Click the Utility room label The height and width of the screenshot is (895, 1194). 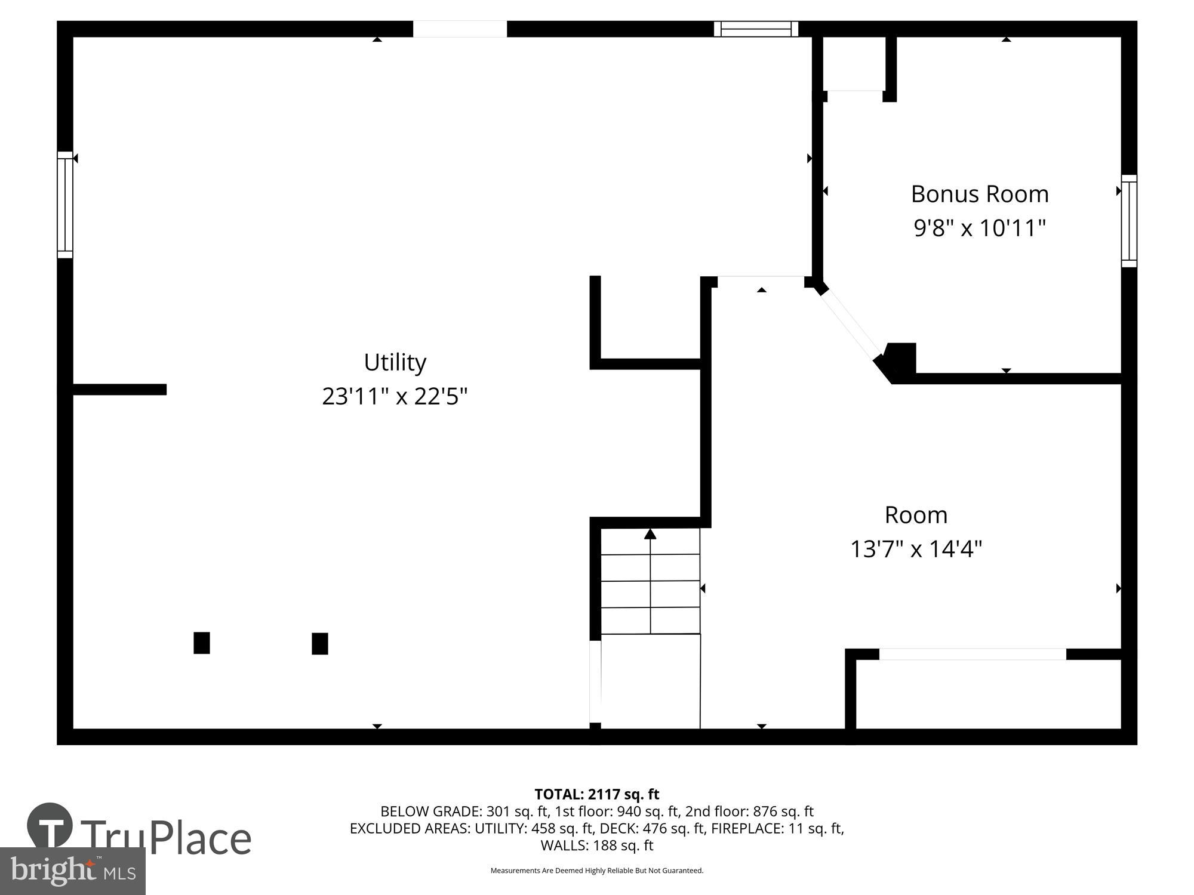[x=395, y=362]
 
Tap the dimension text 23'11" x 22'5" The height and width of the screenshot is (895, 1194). [x=395, y=396]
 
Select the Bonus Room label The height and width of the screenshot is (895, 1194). [x=979, y=194]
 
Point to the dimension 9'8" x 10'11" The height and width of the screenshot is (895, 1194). [x=979, y=228]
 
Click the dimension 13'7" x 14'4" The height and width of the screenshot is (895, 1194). [x=916, y=549]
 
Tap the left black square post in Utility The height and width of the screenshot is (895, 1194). [x=202, y=643]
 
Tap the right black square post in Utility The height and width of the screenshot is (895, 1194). [x=320, y=643]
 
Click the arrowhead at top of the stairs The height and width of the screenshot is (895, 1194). [x=650, y=533]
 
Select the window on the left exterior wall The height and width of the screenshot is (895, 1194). [x=65, y=205]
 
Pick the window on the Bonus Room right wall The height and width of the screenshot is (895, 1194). [x=1128, y=221]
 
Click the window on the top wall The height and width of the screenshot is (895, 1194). [x=756, y=29]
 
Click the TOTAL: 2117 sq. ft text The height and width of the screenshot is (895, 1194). [x=596, y=794]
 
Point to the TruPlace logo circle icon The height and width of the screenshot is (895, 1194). [x=50, y=826]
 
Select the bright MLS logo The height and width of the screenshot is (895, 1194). [x=72, y=871]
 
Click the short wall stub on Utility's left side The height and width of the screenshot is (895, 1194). [x=119, y=390]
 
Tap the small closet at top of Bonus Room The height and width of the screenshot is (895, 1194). [x=854, y=64]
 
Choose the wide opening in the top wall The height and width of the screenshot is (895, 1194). [x=460, y=29]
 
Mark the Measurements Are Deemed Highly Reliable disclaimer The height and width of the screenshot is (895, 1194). [x=596, y=871]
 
